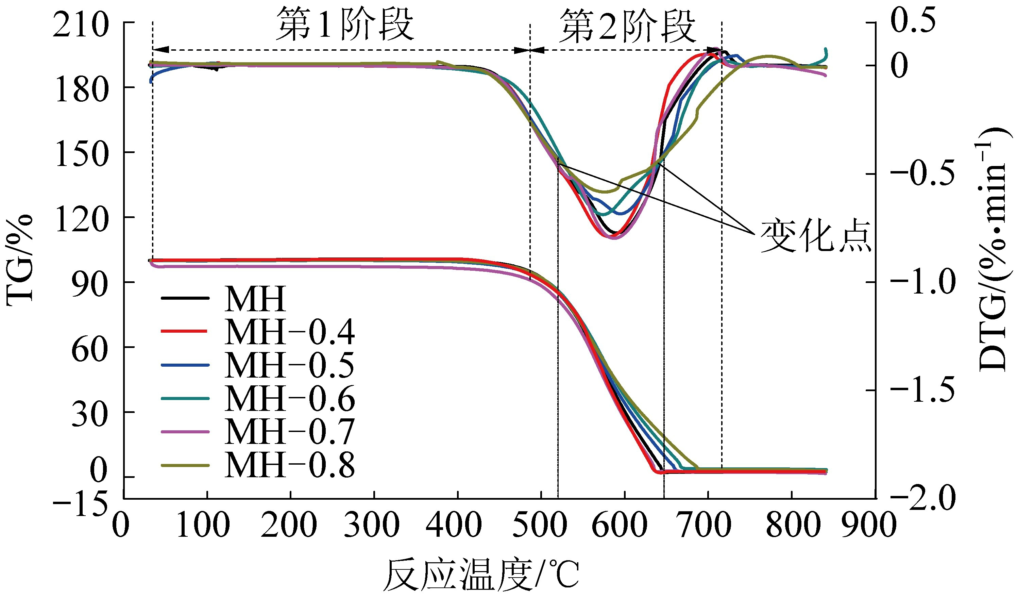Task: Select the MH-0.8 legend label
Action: point(289,465)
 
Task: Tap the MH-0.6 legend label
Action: point(289,399)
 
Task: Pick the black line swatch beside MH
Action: point(185,298)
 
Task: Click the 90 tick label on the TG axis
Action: point(89,284)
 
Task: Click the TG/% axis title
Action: point(19,260)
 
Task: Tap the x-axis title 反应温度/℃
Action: point(480,576)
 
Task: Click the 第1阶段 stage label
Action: point(345,25)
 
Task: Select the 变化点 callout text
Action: point(815,237)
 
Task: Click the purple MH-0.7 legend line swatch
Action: point(185,432)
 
